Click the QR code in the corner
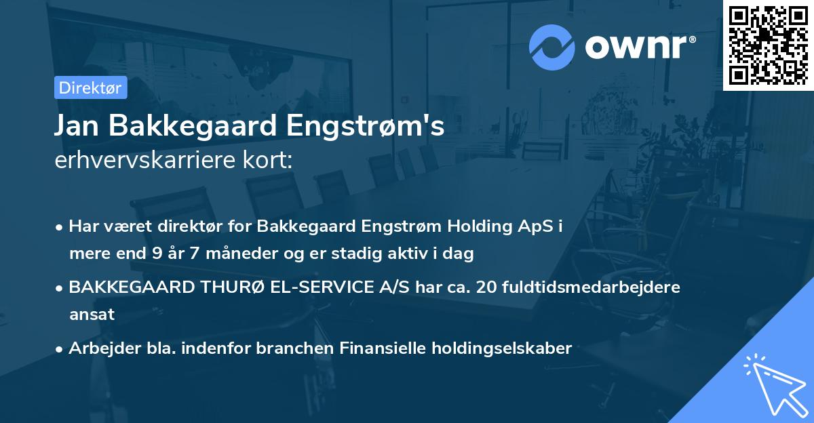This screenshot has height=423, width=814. [769, 45]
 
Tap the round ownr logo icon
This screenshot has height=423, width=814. [553, 47]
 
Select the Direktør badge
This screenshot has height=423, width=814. [90, 87]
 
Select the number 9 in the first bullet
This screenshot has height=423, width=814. [153, 254]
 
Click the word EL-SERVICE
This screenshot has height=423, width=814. [328, 287]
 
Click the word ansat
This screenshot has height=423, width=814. [92, 315]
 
